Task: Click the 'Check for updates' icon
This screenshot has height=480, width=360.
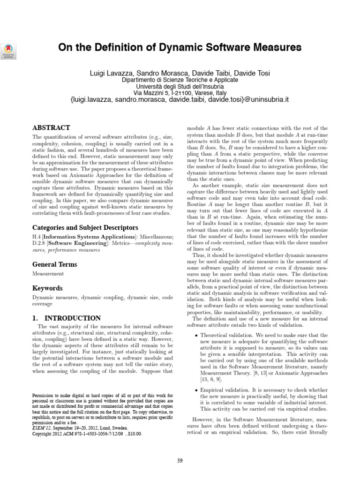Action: pyautogui.click(x=9, y=50)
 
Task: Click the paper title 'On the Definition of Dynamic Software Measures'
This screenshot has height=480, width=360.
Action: pyautogui.click(x=180, y=48)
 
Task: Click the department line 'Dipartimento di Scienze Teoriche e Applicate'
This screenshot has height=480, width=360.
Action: pyautogui.click(x=180, y=80)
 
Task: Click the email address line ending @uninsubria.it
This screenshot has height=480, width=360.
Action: pyautogui.click(x=180, y=100)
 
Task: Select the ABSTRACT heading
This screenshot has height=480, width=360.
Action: pyautogui.click(x=51, y=127)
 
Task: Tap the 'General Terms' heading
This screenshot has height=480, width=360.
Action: pyautogui.click(x=54, y=264)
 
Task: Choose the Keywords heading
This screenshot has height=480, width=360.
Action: pyautogui.click(x=47, y=288)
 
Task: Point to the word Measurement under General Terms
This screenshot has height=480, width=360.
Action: pyautogui.click(x=48, y=274)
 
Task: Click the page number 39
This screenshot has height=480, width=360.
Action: pyautogui.click(x=180, y=461)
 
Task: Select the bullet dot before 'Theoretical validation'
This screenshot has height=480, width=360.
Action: pyautogui.click(x=195, y=336)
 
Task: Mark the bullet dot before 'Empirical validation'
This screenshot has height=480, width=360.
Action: pyautogui.click(x=195, y=390)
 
